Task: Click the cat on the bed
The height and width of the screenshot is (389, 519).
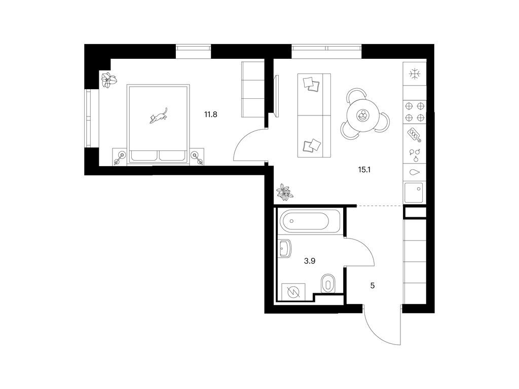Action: tap(159, 116)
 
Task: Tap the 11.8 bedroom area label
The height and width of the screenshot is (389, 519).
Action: tap(210, 115)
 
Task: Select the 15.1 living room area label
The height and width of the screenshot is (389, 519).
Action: tap(364, 170)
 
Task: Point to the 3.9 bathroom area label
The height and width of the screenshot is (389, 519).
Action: tap(310, 261)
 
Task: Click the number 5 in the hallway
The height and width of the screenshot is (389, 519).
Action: tap(373, 286)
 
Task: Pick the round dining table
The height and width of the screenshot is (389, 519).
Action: tap(363, 115)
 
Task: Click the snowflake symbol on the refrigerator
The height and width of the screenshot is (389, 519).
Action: tap(414, 74)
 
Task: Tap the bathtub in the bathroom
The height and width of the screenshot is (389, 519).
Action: tap(309, 221)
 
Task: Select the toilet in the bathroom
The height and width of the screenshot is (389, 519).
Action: tap(328, 284)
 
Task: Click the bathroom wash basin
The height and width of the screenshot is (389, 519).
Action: tap(284, 248)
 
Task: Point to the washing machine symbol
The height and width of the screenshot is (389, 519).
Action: tap(293, 292)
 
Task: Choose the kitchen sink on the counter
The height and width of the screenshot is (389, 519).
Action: tap(414, 192)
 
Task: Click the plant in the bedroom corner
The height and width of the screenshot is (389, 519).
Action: tap(109, 80)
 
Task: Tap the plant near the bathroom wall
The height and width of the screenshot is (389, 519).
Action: tap(284, 192)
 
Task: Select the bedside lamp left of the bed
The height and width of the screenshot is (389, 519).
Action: tap(120, 157)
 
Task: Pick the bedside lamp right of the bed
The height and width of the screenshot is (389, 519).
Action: tap(198, 157)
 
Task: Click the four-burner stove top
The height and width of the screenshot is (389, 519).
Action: tap(415, 111)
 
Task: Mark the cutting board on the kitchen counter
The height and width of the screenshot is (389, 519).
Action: tap(415, 135)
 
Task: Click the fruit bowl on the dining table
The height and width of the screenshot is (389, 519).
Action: tap(363, 115)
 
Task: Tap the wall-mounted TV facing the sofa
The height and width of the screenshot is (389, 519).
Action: tap(277, 96)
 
